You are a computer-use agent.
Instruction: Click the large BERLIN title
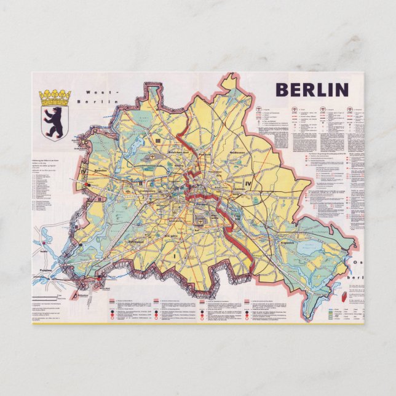pyautogui.click(x=312, y=90)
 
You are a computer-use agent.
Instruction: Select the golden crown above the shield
pyautogui.click(x=54, y=97)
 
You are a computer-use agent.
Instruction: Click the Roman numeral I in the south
pyautogui.click(x=174, y=254)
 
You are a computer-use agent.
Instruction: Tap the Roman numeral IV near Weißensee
pyautogui.click(x=248, y=183)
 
